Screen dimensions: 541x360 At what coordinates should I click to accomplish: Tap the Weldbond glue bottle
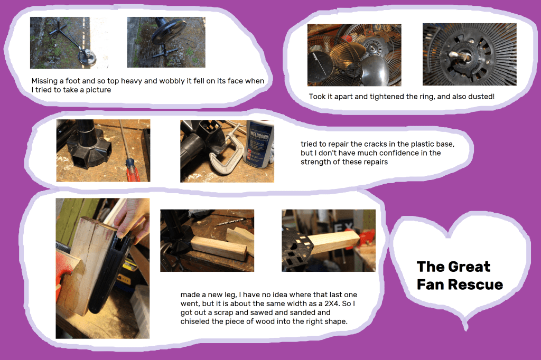259,144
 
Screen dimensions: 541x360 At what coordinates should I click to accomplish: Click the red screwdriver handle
133,170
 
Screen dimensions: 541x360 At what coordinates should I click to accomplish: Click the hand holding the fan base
133,217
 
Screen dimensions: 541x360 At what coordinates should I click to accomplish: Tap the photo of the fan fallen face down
166,42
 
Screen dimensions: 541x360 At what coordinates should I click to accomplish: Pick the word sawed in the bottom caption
263,313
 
